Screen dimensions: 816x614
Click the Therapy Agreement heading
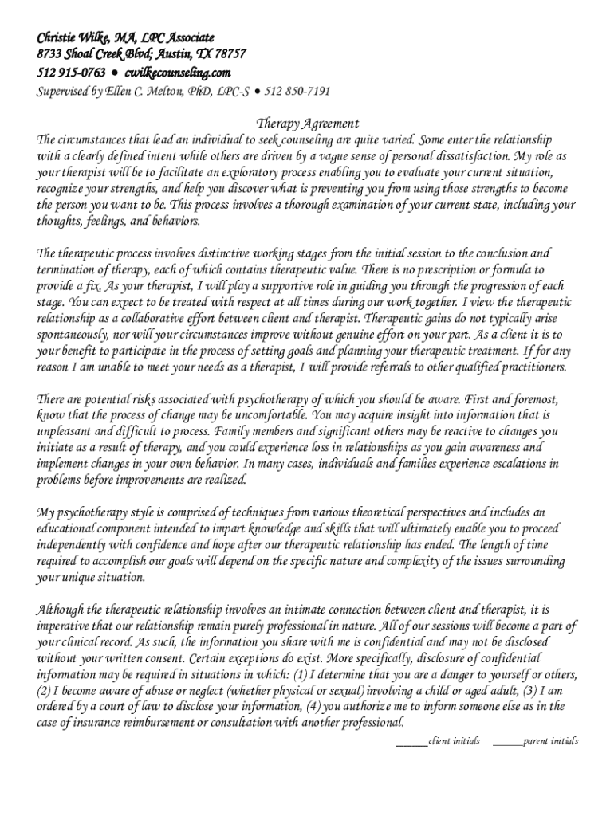[307, 124]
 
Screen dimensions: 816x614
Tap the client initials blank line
[411, 742]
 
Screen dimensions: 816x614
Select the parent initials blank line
[507, 742]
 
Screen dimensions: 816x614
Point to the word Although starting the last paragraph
[62, 610]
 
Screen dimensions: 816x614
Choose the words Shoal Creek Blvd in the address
[120, 55]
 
